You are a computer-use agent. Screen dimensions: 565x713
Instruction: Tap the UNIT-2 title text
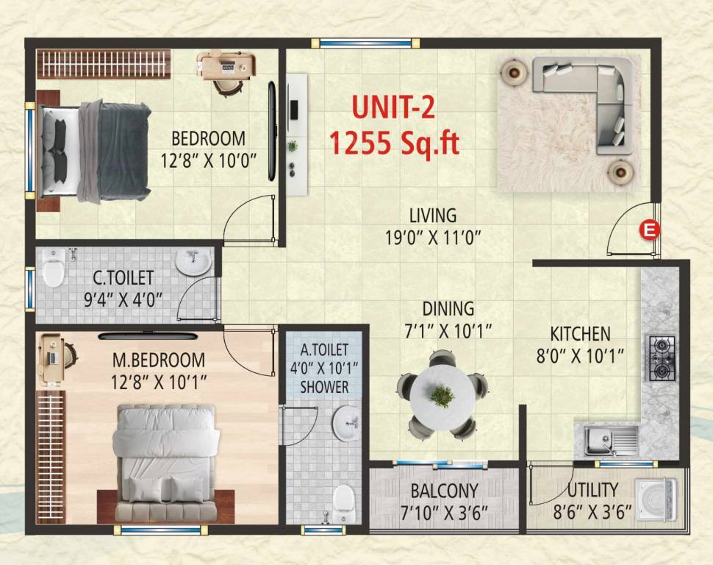pyautogui.click(x=393, y=107)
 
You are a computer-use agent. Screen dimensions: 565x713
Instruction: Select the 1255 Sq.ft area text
pyautogui.click(x=394, y=142)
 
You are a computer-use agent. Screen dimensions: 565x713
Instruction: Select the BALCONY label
pyautogui.click(x=444, y=490)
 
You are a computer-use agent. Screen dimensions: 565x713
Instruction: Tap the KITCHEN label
pyautogui.click(x=580, y=333)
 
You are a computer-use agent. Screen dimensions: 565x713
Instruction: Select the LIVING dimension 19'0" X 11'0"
pyautogui.click(x=433, y=238)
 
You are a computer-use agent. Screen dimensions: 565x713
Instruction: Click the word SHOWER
pyautogui.click(x=324, y=386)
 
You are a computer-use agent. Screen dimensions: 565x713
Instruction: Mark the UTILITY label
pyautogui.click(x=592, y=490)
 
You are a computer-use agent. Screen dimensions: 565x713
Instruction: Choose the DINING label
pyautogui.click(x=448, y=309)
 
